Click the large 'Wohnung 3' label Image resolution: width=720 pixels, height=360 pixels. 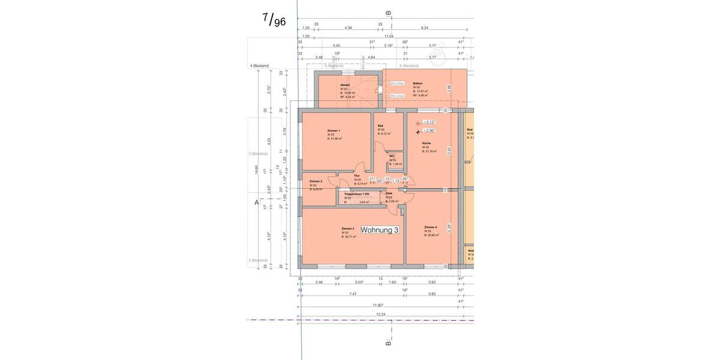pos(379,230)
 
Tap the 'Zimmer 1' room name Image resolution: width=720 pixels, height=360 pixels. pos(334,130)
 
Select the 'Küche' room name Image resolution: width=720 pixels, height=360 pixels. pos(426,143)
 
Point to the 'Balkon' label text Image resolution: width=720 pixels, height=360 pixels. pos(418,83)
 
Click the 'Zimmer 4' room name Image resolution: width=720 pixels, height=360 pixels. pos(430,227)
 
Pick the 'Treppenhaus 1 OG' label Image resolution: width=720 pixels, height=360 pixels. pos(356,194)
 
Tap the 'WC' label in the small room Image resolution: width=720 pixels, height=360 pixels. pos(391,156)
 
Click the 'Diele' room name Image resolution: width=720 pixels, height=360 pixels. pos(389,193)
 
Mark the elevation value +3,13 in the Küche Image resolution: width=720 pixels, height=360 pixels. pos(428,122)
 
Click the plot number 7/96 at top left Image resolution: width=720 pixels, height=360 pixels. pos(274,20)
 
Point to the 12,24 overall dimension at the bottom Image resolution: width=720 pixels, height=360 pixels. pos(380,314)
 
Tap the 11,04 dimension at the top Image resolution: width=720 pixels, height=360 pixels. pos(389,36)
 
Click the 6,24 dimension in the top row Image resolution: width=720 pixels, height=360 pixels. pos(425,28)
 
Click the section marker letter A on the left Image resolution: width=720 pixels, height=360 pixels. pos(256,203)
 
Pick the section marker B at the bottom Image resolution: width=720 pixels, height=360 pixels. pos(388,343)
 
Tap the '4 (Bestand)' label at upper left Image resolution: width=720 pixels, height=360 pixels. pos(259,65)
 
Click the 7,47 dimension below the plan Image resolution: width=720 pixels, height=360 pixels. pos(353,294)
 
